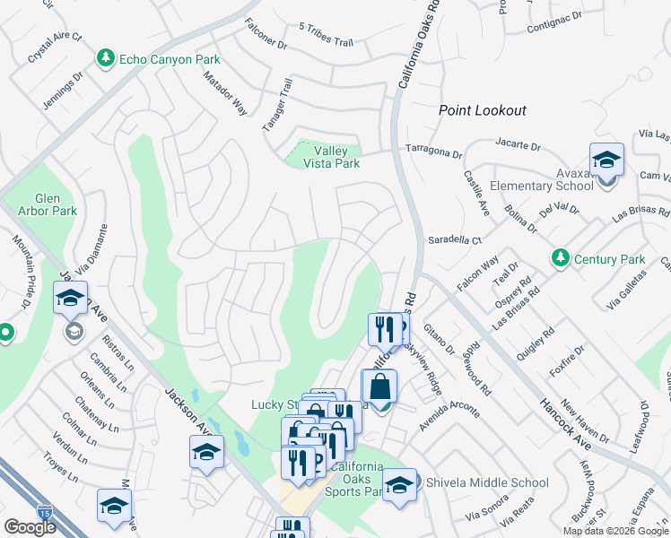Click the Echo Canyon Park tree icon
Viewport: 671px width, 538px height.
[x=106, y=59]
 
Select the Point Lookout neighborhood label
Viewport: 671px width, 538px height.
[x=482, y=110]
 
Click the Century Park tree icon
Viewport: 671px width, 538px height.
[x=561, y=259]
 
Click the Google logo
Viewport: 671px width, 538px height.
[x=30, y=527]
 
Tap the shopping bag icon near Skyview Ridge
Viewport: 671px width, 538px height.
[x=379, y=386]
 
